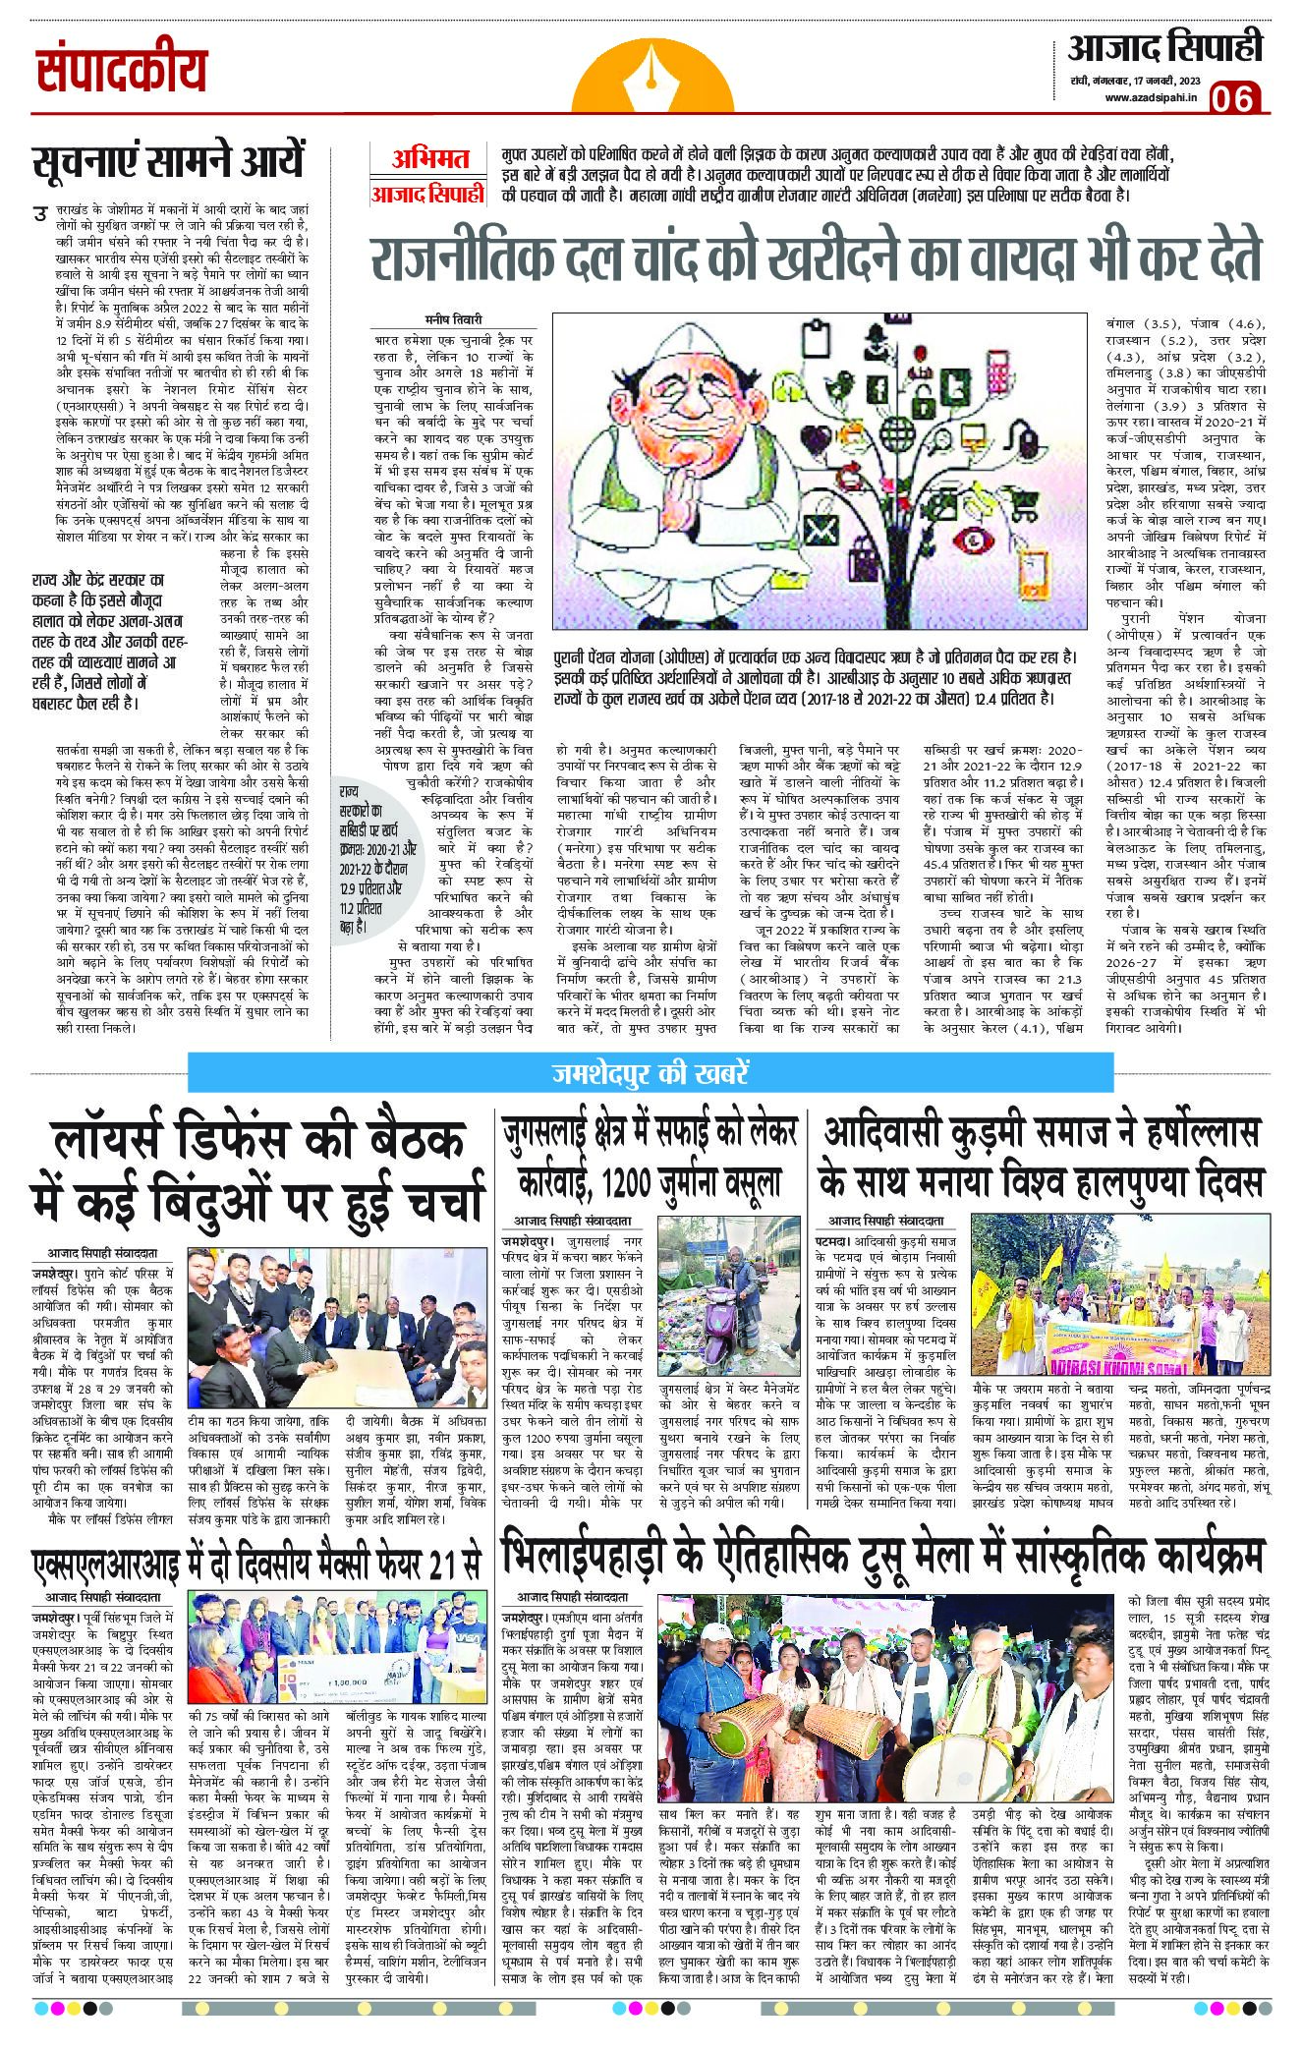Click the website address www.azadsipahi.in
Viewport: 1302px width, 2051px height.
tap(1147, 96)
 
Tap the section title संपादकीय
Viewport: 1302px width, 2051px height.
tap(124, 72)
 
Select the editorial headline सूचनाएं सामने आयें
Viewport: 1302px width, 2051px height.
tap(167, 161)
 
